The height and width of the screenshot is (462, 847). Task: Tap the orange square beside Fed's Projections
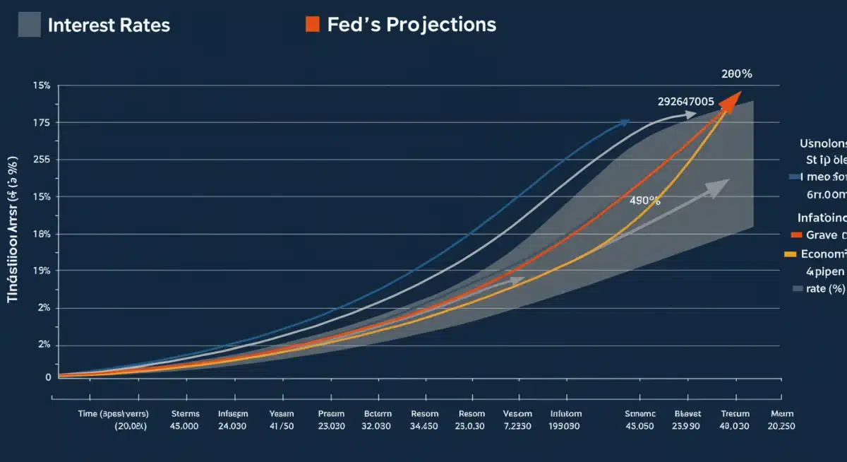tap(312, 25)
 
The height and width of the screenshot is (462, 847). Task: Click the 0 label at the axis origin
tap(48, 377)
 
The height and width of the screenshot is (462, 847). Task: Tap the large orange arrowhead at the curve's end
tap(731, 102)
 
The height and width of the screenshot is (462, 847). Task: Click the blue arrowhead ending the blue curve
tap(624, 122)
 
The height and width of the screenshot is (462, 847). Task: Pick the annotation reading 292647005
tap(685, 102)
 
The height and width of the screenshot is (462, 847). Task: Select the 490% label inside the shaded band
tap(644, 201)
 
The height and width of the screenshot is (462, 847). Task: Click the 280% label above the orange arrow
tap(736, 74)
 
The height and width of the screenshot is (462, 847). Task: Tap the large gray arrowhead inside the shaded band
tap(719, 187)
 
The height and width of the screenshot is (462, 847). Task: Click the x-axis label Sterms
tap(186, 414)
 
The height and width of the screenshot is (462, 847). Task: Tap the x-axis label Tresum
tap(734, 414)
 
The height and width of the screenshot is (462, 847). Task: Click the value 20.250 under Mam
tap(782, 426)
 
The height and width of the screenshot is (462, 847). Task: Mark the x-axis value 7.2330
tap(517, 426)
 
